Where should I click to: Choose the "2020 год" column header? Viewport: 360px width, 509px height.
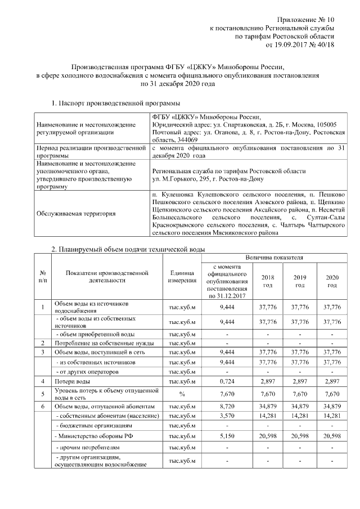(x=332, y=281)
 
